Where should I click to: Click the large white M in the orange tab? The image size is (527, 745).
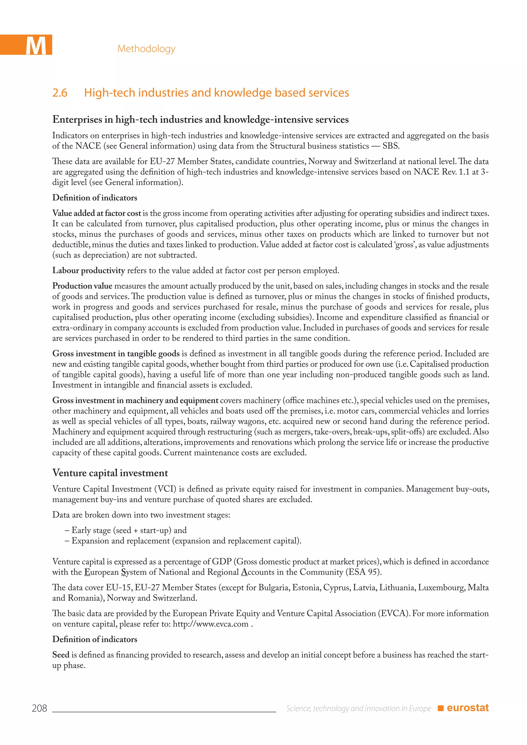(x=36, y=46)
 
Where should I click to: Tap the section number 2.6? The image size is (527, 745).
(x=60, y=93)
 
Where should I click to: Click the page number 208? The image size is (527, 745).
(x=39, y=708)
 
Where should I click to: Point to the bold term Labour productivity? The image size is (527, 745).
(x=89, y=271)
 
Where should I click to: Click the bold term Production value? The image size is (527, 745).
(x=82, y=286)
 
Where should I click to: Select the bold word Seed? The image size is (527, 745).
(x=61, y=655)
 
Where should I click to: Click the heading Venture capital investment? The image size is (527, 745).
(x=110, y=473)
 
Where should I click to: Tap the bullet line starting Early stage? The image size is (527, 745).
(x=126, y=530)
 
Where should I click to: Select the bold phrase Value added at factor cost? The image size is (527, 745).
(x=96, y=213)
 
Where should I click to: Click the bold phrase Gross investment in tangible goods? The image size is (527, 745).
(x=116, y=353)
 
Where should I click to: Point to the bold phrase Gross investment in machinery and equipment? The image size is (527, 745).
(x=135, y=400)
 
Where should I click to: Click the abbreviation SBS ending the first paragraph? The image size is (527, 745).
(x=390, y=146)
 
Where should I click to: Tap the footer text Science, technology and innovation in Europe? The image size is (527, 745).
(x=358, y=708)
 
